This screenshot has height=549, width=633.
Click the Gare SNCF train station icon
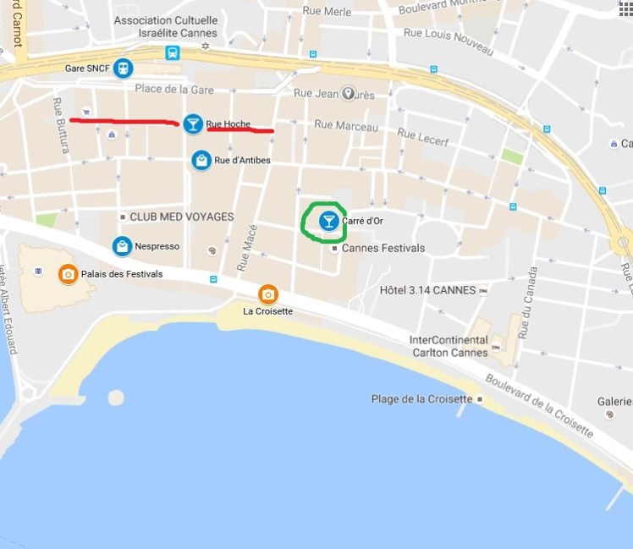tap(124, 68)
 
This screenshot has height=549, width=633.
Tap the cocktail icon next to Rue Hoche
tap(193, 124)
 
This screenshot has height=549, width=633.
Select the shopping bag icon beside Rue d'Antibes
tap(201, 160)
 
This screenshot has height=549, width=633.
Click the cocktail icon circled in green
tap(328, 221)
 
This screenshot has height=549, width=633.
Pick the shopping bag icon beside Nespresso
tap(123, 246)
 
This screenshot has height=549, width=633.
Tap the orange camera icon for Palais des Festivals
tap(67, 274)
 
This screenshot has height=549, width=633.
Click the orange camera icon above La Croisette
tap(268, 294)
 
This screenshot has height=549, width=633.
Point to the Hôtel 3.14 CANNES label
tap(427, 290)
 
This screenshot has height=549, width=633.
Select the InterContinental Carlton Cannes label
tap(449, 346)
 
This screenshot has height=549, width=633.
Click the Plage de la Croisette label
tap(421, 399)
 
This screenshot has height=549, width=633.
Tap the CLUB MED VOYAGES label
tap(181, 217)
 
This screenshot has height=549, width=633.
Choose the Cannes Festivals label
tap(383, 248)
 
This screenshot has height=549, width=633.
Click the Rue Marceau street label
tap(346, 125)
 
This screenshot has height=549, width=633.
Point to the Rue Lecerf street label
tap(422, 137)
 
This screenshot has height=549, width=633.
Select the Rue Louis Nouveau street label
tap(449, 41)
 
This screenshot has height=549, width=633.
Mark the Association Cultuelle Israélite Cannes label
tap(165, 26)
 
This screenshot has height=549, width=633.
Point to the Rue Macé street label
tap(245, 251)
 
